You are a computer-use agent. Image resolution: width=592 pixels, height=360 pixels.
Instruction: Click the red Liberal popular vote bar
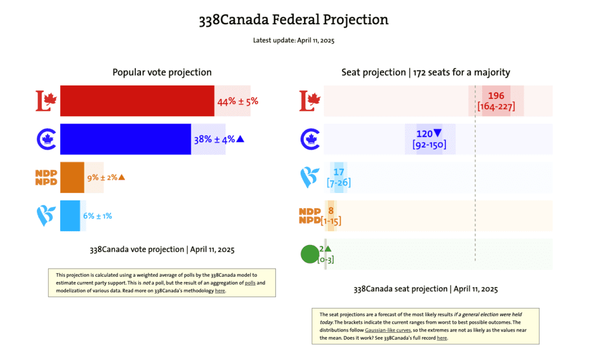pos(137,101)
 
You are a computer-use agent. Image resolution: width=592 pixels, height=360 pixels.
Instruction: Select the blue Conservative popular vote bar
pos(125,139)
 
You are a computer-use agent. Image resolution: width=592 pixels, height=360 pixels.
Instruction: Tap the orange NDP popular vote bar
pos(72,177)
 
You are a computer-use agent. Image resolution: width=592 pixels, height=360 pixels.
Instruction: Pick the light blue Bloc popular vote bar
pos(70,216)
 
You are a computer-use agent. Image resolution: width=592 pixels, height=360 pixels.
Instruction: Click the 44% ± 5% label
pos(237,102)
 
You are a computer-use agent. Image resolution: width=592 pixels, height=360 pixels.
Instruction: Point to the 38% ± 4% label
pos(213,139)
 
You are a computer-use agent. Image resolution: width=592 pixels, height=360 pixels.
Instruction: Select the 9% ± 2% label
pos(101,177)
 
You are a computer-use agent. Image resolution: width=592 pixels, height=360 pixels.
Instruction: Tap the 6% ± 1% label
pos(97,216)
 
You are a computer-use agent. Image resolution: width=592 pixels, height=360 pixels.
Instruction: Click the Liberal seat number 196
pos(496,96)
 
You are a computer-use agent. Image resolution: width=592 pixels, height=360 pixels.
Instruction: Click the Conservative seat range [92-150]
pos(430,144)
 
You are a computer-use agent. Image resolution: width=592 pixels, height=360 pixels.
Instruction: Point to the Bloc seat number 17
pos(339,172)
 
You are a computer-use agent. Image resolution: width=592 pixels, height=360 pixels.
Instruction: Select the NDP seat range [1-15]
pos(330,221)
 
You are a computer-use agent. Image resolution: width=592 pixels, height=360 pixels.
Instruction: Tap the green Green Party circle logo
pos(310,254)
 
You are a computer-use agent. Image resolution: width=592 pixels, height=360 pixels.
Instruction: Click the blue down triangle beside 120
pos(438,133)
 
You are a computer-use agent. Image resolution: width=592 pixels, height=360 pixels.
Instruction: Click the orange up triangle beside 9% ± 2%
pos(121,177)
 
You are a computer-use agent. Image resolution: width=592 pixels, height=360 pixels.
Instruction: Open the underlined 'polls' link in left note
pos(250,283)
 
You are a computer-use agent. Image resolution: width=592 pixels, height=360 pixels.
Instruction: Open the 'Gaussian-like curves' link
pos(387,329)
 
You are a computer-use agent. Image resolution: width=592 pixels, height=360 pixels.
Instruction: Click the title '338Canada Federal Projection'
pos(294,20)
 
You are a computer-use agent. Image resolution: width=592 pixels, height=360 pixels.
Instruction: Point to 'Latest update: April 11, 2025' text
pos(294,40)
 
